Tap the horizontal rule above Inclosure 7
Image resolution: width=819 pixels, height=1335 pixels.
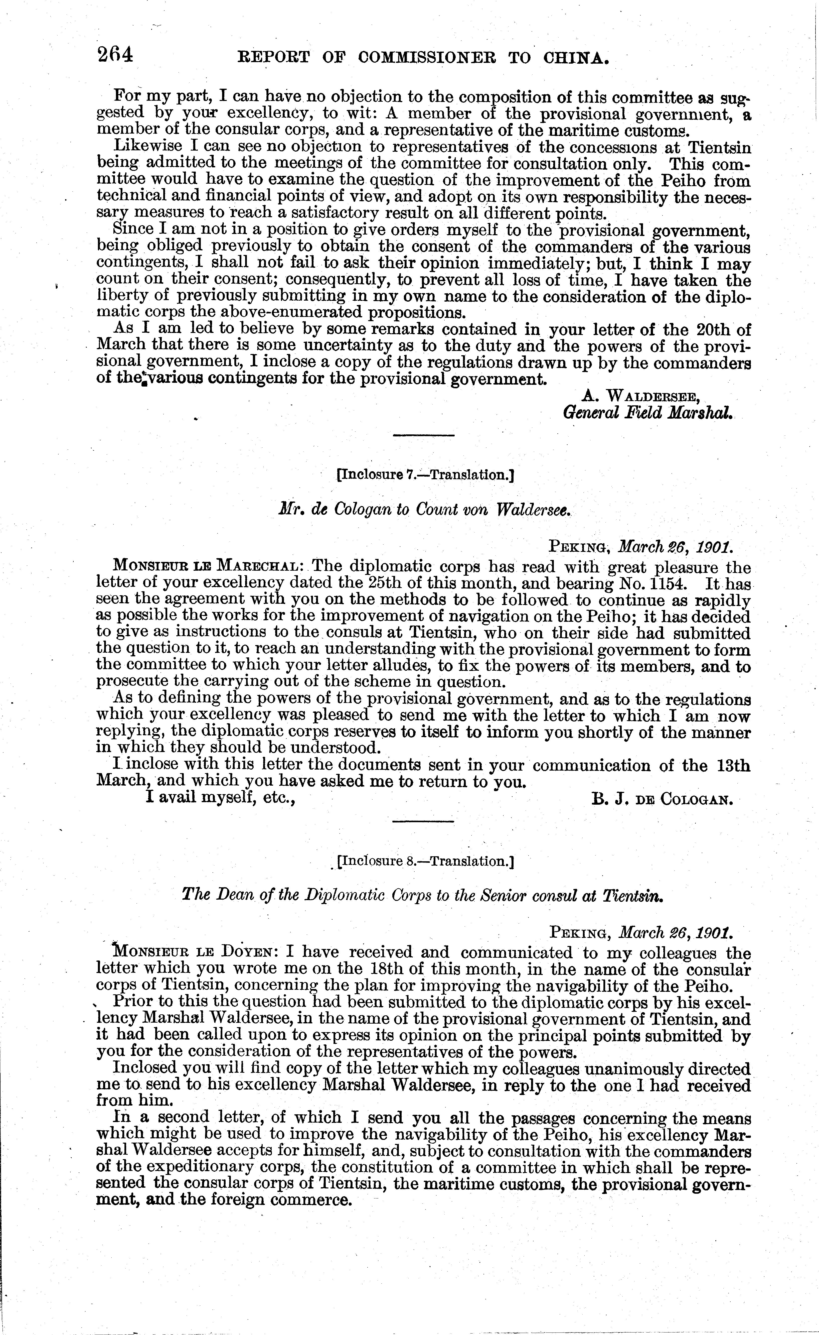click(x=423, y=435)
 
